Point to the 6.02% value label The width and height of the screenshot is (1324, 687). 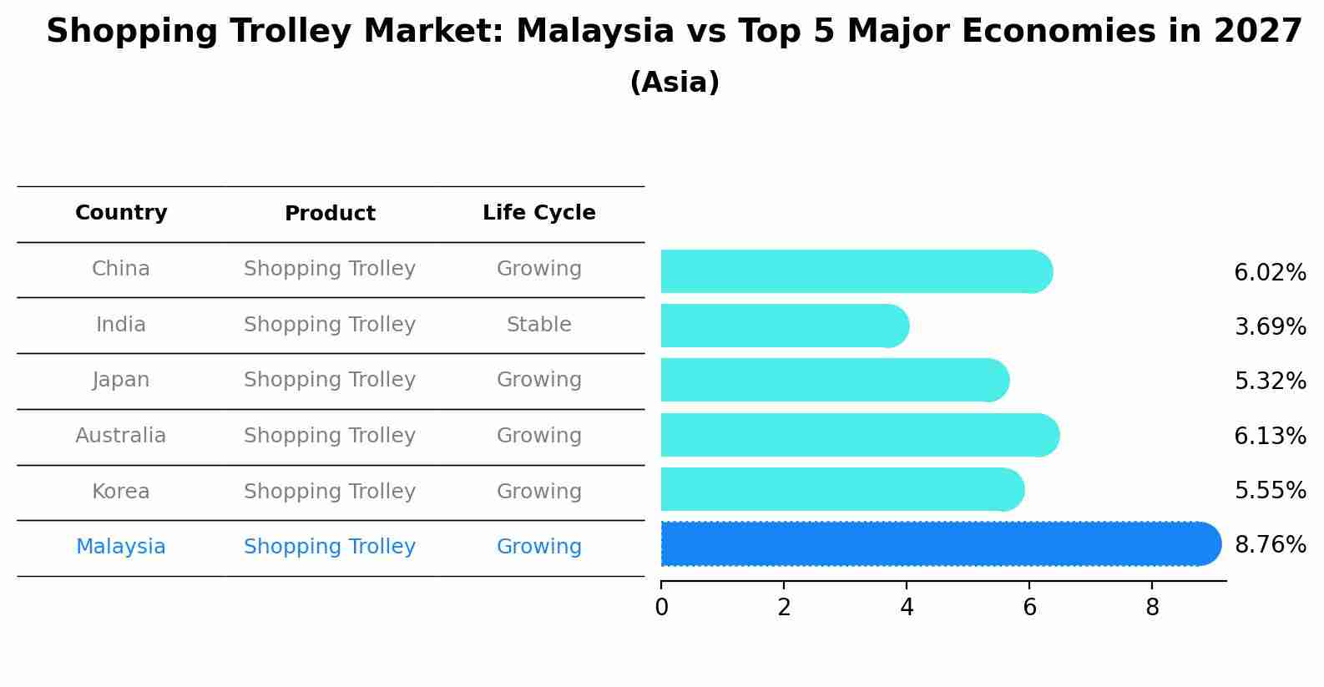(x=1270, y=273)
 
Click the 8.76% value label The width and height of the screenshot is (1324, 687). (x=1270, y=545)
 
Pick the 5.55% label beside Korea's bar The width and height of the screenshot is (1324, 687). (x=1270, y=491)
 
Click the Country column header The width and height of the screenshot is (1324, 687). (x=121, y=213)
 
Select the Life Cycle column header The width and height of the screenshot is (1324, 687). (x=538, y=213)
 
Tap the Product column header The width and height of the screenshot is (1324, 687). (x=330, y=214)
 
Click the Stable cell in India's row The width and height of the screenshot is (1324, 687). (x=538, y=325)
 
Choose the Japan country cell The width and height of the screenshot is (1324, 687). (x=121, y=380)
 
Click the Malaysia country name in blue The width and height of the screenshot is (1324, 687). (x=121, y=547)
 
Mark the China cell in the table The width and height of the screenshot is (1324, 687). (x=121, y=269)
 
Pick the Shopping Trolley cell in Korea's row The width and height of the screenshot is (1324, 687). (x=330, y=492)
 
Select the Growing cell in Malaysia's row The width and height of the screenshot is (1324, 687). (x=538, y=547)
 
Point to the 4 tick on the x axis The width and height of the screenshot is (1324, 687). (x=907, y=608)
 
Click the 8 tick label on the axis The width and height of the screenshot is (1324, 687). (x=1152, y=608)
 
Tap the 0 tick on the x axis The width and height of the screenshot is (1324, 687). (x=661, y=608)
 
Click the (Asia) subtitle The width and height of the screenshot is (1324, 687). (x=675, y=83)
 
